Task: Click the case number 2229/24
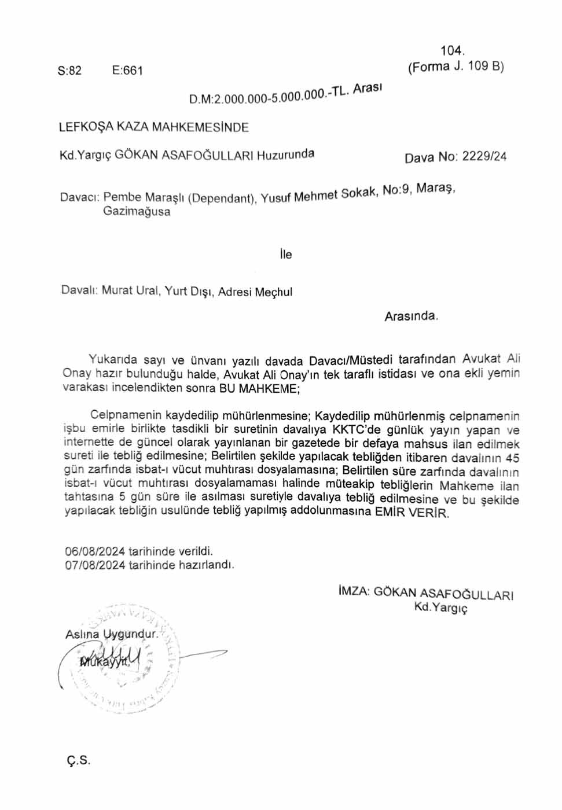(x=484, y=156)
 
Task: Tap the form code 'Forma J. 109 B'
(x=456, y=67)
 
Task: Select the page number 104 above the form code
(x=452, y=51)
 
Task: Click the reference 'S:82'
(x=69, y=71)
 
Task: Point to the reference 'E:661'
(x=127, y=71)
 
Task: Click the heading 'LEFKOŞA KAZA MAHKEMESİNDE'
(x=153, y=127)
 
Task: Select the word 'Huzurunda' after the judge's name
(x=285, y=155)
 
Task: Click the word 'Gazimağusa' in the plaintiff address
(x=137, y=211)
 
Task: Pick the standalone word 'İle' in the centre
(x=285, y=255)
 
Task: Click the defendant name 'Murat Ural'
(x=130, y=290)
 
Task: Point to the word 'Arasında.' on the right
(x=412, y=316)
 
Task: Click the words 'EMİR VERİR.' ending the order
(x=412, y=513)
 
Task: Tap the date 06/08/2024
(x=95, y=551)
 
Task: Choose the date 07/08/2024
(x=95, y=565)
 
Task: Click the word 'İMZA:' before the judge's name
(x=354, y=591)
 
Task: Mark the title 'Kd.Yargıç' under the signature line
(x=440, y=607)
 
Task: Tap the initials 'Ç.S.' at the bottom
(x=78, y=760)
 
